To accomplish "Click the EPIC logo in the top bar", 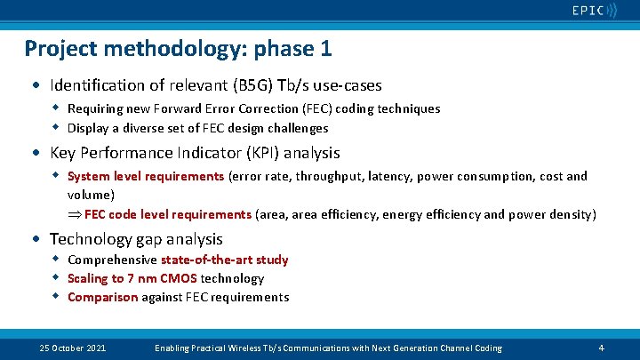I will [x=593, y=11].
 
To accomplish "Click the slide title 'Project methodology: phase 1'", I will [x=179, y=48].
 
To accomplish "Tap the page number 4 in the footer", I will [x=602, y=348].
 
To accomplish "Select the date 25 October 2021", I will [x=73, y=348].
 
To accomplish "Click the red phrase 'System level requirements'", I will [x=146, y=176].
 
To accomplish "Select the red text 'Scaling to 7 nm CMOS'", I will [x=132, y=278].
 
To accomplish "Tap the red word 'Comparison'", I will [x=102, y=297].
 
